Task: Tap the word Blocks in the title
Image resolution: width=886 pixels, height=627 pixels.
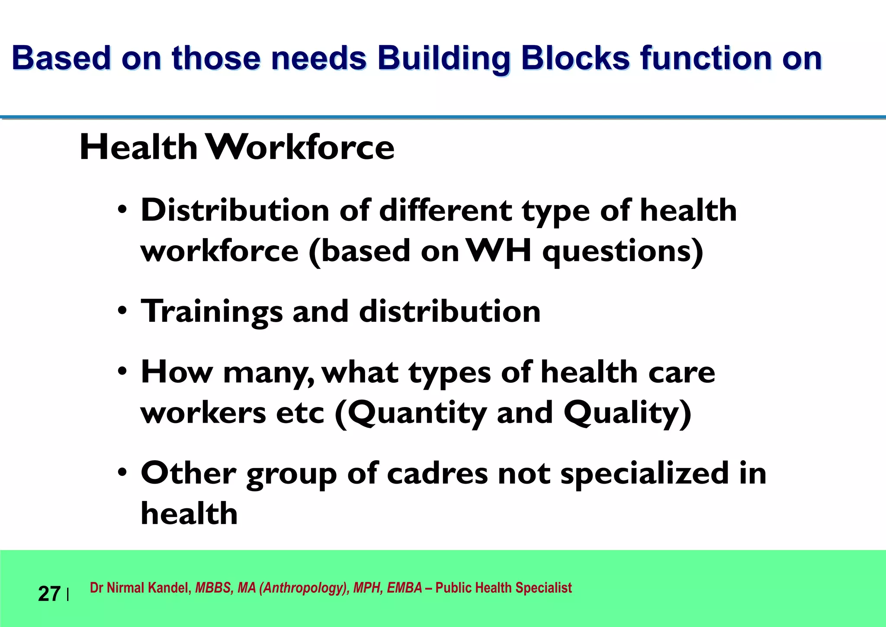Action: click(575, 58)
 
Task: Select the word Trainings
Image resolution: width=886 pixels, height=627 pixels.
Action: click(212, 312)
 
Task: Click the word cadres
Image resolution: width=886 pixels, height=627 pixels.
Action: click(437, 473)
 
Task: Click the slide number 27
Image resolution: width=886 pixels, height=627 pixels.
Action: click(49, 594)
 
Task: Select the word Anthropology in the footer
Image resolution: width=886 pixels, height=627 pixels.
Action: click(304, 588)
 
